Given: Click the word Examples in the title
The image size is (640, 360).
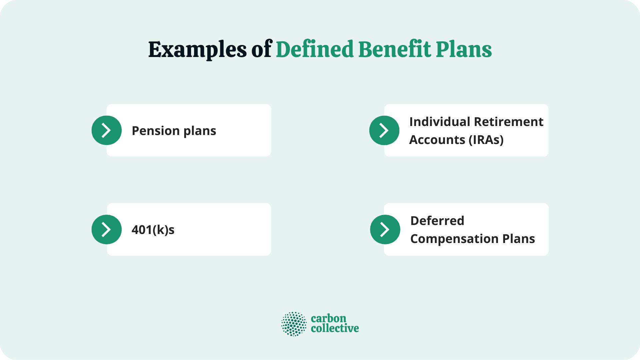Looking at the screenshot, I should (x=197, y=50).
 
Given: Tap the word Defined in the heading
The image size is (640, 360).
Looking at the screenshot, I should (x=315, y=49).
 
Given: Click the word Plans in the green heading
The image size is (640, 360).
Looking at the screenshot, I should (x=464, y=49).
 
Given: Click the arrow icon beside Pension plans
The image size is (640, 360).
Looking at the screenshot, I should (x=106, y=130).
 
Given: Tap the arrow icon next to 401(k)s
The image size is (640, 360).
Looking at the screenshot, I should (x=106, y=229).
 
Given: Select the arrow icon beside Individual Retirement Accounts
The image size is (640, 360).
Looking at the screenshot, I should (x=384, y=130).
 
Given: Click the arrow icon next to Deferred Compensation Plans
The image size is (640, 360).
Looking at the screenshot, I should (x=385, y=229).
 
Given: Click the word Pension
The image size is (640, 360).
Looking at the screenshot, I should (x=155, y=131).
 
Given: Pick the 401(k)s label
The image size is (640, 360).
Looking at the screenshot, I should (x=153, y=230).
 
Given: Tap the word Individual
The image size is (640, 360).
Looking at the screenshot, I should (x=440, y=122).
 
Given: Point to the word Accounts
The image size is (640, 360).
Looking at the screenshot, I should (x=437, y=140).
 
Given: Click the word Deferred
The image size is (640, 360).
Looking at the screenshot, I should (x=437, y=221).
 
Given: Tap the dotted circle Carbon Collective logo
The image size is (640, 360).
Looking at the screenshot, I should (x=294, y=324).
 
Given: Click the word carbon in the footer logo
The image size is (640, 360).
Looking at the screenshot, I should (x=328, y=318).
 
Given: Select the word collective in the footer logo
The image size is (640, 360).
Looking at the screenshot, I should (x=335, y=329).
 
